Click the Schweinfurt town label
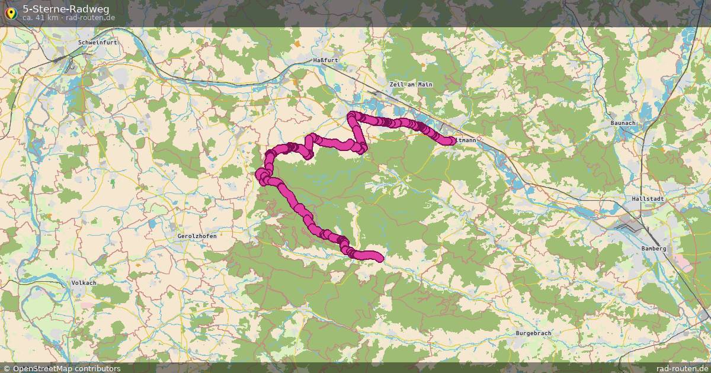[x=98, y=43]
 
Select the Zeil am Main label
[x=411, y=85]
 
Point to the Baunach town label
[x=623, y=123]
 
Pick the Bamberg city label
[x=654, y=249]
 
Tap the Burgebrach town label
[x=533, y=333]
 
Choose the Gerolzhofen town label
[x=197, y=236]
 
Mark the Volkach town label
[x=84, y=283]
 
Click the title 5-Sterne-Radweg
[x=66, y=8]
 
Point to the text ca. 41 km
[x=40, y=18]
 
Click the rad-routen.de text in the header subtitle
[x=90, y=18]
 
